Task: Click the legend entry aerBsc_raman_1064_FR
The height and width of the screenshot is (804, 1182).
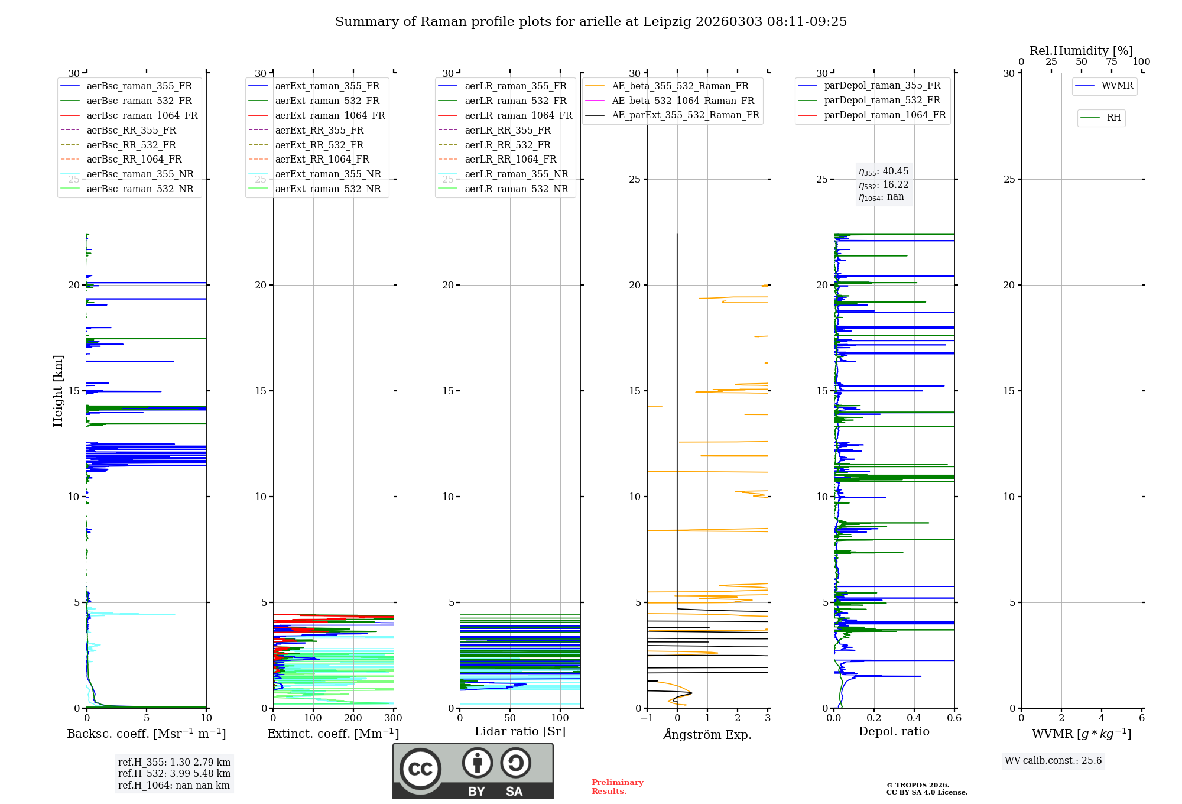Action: tap(142, 116)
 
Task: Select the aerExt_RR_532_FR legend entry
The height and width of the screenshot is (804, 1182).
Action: tap(319, 145)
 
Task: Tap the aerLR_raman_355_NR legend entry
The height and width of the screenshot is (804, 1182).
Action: tap(516, 174)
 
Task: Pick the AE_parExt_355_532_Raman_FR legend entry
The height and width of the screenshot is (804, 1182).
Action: tap(685, 115)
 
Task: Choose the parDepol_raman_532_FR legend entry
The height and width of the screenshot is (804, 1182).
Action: tap(882, 100)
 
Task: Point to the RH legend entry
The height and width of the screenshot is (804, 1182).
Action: tap(1113, 118)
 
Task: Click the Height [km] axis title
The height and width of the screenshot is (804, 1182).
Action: tap(58, 390)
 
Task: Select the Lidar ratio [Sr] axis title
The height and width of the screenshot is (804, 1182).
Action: tap(520, 732)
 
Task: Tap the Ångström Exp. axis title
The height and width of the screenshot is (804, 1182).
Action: tap(707, 735)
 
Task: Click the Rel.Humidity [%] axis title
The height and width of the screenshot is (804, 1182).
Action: tap(1081, 51)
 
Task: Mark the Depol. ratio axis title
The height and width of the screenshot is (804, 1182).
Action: tap(894, 732)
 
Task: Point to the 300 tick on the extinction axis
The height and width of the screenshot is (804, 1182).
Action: tap(393, 718)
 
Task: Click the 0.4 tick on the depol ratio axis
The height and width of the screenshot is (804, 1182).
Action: tap(914, 718)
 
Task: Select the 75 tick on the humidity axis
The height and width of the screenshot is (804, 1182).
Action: tap(1112, 62)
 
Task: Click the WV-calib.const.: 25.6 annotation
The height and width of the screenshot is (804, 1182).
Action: tap(1053, 761)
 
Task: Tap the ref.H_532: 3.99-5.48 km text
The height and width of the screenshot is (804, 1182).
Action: tap(174, 774)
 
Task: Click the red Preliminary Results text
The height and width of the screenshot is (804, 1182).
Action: tap(617, 787)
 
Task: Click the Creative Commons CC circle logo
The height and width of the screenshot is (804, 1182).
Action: tap(420, 769)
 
